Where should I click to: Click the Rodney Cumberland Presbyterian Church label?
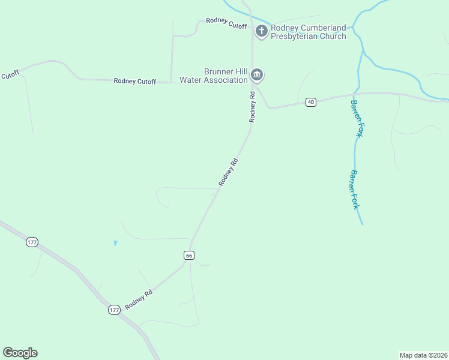(x=308, y=32)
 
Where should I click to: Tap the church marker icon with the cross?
(x=261, y=31)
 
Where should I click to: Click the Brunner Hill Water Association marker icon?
(x=257, y=75)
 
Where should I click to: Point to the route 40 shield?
(x=310, y=102)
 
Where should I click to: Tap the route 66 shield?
(x=189, y=255)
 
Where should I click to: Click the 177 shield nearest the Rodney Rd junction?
(x=114, y=310)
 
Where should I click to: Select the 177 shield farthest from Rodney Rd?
(x=32, y=242)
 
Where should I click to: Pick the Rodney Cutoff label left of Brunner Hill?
(x=134, y=81)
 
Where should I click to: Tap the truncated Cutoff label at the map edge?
(x=10, y=75)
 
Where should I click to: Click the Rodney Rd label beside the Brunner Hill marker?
(x=253, y=107)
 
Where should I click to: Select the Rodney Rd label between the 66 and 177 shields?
(x=139, y=298)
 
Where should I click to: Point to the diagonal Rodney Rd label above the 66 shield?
(x=229, y=172)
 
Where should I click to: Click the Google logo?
(x=20, y=353)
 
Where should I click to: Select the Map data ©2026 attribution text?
(x=424, y=355)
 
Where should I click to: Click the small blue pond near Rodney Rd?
(x=115, y=243)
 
